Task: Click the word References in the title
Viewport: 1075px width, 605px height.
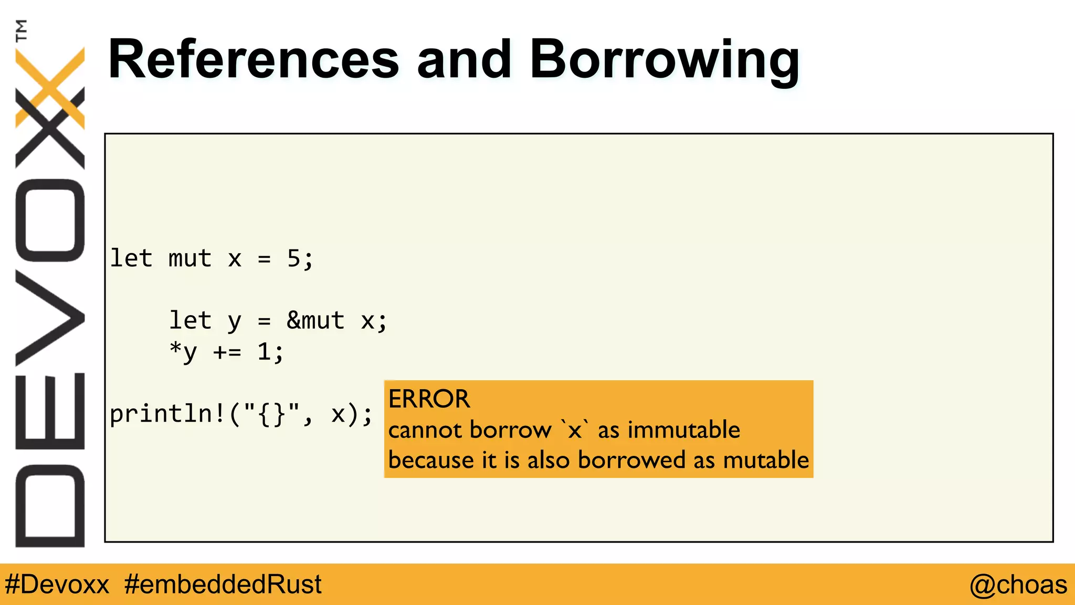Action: tap(254, 60)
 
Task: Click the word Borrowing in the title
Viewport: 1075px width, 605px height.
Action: tap(665, 60)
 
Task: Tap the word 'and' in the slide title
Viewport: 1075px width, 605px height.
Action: tap(464, 60)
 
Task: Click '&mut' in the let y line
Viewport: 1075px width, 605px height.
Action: tap(315, 320)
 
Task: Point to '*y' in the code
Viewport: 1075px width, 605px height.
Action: tap(183, 352)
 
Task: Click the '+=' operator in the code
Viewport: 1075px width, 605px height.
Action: tap(227, 352)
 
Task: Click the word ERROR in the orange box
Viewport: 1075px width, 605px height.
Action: tap(429, 399)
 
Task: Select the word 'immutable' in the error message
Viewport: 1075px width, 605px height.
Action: tap(684, 430)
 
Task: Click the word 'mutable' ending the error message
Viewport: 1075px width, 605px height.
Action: tap(766, 460)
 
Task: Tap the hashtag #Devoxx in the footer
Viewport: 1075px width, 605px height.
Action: tap(57, 585)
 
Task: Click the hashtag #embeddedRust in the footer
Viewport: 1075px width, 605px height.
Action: tap(223, 585)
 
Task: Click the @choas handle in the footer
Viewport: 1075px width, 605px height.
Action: tap(1018, 585)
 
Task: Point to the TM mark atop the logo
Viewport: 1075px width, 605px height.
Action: tap(21, 30)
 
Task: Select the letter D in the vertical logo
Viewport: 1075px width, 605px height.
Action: tap(50, 505)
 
